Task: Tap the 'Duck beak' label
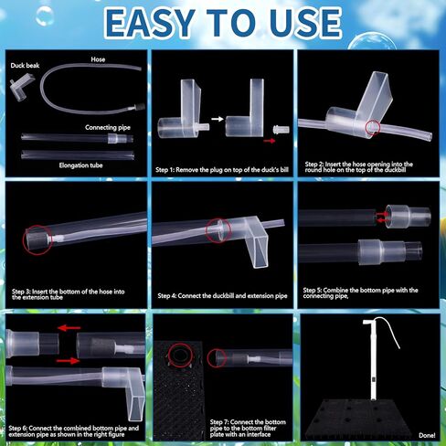(25, 67)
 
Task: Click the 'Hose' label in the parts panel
(98, 59)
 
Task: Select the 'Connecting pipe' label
(106, 127)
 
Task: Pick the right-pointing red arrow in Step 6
(67, 362)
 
